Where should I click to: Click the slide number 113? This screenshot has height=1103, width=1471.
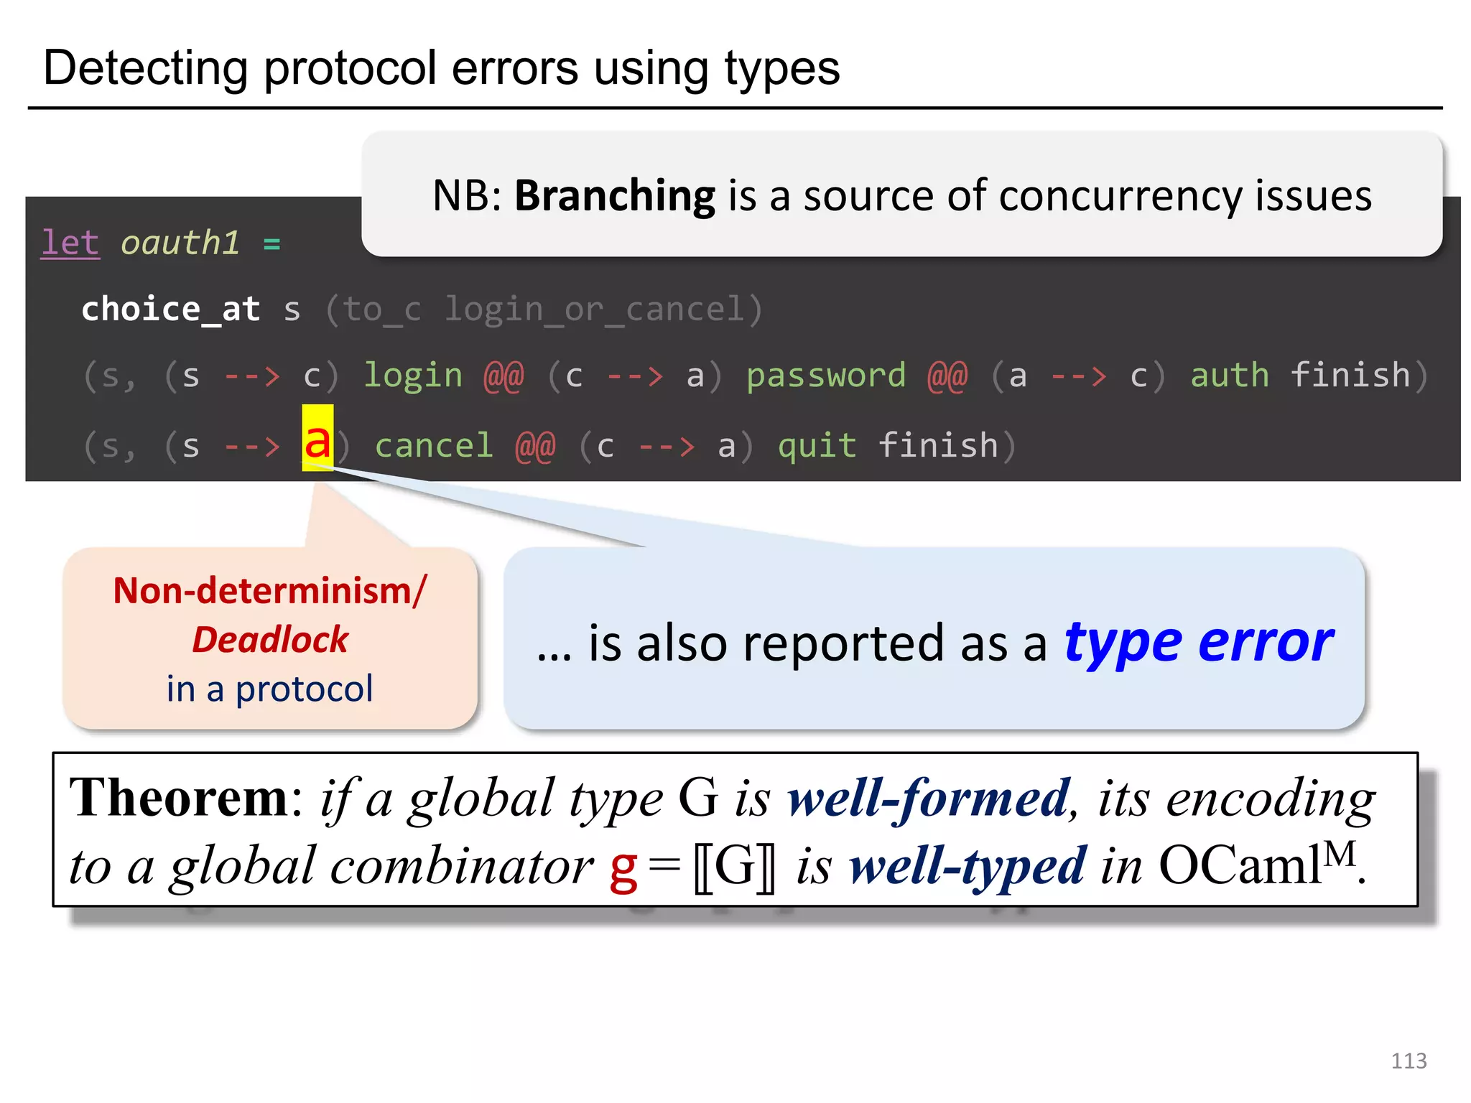tap(1408, 1061)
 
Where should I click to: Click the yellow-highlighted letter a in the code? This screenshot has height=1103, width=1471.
tap(317, 439)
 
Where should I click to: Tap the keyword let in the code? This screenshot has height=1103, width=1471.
tap(70, 243)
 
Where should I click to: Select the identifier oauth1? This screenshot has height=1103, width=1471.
tap(180, 243)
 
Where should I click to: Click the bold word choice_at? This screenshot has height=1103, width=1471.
tap(170, 310)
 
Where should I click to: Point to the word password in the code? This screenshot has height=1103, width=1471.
tap(826, 376)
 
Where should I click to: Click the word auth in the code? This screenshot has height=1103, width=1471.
tap(1229, 376)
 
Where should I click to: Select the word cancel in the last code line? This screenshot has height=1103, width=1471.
tap(434, 446)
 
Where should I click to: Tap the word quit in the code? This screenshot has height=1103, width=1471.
tap(817, 446)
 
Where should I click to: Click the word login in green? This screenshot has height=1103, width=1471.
tap(412, 376)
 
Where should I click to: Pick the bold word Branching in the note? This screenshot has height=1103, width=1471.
tap(615, 196)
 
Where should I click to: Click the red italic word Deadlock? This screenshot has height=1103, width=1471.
tap(270, 639)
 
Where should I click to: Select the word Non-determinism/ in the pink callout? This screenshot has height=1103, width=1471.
tap(270, 591)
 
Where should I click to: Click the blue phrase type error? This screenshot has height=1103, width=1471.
tap(1198, 641)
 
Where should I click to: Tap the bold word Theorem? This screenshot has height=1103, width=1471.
tap(179, 798)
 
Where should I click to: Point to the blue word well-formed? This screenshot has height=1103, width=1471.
tap(929, 799)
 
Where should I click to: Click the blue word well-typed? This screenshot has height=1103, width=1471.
tap(967, 866)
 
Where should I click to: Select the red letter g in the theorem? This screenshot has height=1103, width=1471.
tap(623, 869)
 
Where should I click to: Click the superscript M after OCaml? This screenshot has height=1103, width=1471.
tap(1340, 854)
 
